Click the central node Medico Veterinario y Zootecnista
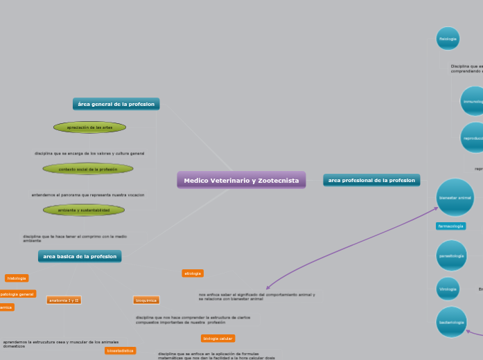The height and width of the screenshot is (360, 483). (x=241, y=181)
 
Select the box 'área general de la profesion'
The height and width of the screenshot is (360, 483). (x=116, y=104)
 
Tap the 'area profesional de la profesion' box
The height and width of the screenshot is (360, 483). (x=371, y=180)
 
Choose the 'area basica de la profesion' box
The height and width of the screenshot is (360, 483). (x=80, y=256)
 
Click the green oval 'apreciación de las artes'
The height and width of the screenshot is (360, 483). (x=89, y=127)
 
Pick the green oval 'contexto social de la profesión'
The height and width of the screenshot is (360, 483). (x=88, y=169)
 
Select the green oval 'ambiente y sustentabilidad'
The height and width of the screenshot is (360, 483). (x=84, y=210)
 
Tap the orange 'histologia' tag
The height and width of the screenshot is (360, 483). (x=17, y=278)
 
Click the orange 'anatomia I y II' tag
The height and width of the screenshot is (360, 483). (x=64, y=300)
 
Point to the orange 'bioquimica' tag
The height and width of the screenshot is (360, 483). (x=146, y=300)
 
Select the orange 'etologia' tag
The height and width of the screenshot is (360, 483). (x=193, y=273)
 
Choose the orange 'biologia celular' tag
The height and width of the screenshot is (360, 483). (x=218, y=339)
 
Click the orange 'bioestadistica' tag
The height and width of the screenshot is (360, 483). (x=120, y=351)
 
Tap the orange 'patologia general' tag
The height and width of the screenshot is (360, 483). (x=17, y=294)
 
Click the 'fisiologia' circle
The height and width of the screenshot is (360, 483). (x=448, y=39)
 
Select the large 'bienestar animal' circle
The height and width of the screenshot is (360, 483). (x=455, y=197)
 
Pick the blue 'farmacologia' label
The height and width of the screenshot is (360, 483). (x=450, y=226)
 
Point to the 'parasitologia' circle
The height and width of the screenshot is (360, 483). (x=451, y=256)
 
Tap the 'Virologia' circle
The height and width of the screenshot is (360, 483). (x=448, y=289)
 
